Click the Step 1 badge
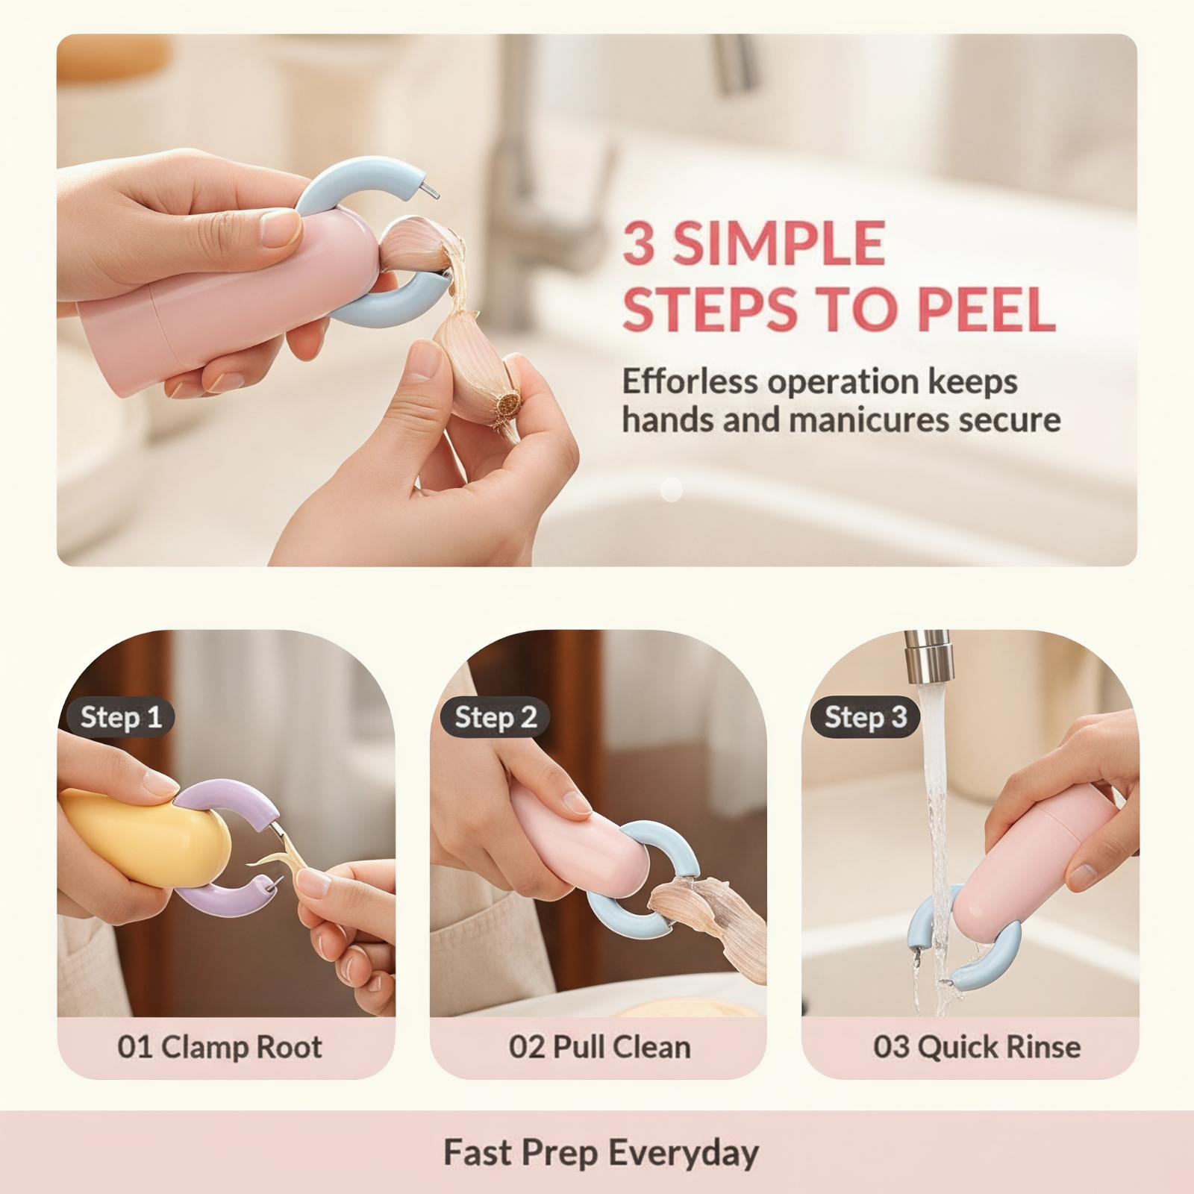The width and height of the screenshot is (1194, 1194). (x=119, y=718)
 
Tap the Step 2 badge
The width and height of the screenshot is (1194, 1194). (x=495, y=718)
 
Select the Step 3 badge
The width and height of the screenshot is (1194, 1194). (x=865, y=718)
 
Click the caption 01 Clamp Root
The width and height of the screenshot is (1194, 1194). (x=219, y=1046)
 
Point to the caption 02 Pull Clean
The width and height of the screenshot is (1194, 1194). (x=599, y=1046)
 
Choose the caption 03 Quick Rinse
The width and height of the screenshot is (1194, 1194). (x=976, y=1046)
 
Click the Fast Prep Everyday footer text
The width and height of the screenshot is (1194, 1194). (x=601, y=1151)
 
